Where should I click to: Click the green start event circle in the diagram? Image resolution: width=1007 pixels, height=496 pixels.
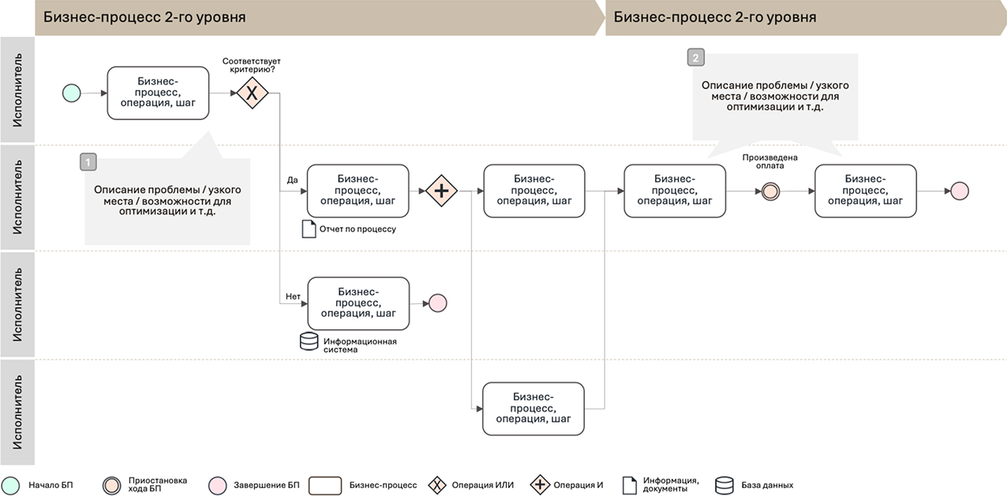(72, 93)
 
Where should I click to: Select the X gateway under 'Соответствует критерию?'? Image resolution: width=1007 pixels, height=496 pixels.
(253, 93)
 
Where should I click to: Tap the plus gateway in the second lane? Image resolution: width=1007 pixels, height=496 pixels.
(442, 190)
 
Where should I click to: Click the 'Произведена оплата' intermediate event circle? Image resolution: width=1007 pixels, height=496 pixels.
(770, 191)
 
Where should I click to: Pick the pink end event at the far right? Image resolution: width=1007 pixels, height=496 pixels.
(959, 191)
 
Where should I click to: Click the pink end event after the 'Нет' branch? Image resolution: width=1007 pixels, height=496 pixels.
(437, 303)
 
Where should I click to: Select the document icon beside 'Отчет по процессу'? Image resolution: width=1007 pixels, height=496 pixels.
(309, 229)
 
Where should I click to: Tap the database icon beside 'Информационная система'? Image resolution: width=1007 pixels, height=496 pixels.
(309, 342)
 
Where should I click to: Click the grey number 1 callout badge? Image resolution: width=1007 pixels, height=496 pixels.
(88, 162)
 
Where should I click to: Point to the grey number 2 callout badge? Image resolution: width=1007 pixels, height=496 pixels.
(695, 58)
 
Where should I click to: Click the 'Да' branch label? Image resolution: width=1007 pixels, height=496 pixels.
(292, 180)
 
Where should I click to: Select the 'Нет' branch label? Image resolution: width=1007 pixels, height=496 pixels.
(293, 297)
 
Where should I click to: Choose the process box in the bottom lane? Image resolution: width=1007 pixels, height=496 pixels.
(533, 408)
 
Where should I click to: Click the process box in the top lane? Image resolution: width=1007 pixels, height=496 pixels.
(158, 93)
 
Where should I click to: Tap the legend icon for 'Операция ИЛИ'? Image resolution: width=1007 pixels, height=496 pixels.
(436, 485)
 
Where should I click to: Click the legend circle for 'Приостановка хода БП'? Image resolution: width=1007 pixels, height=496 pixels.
(112, 485)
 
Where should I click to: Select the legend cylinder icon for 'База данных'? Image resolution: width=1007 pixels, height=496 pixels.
(724, 485)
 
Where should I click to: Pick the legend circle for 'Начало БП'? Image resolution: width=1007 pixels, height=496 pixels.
(11, 485)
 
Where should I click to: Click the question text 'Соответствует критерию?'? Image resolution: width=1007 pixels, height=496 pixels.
(252, 66)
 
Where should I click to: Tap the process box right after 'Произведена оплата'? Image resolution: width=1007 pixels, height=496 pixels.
(866, 190)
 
